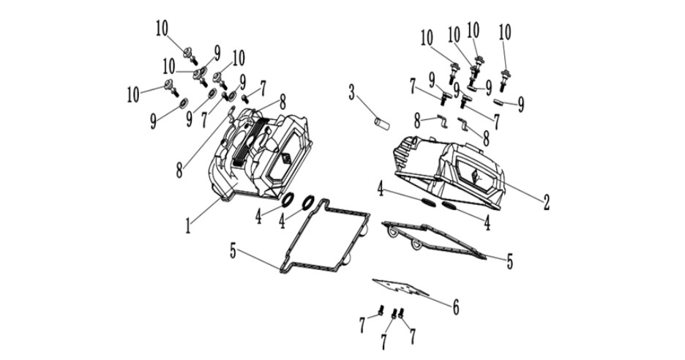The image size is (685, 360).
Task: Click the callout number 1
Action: tap(188, 226)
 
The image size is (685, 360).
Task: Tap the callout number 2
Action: tap(546, 203)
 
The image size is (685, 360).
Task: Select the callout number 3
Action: tap(352, 93)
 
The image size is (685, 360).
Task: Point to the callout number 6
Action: tap(455, 308)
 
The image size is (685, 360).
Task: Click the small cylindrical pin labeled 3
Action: tap(382, 123)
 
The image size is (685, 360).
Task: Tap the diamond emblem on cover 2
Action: tap(475, 176)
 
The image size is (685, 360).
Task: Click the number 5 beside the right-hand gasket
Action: tap(509, 261)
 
